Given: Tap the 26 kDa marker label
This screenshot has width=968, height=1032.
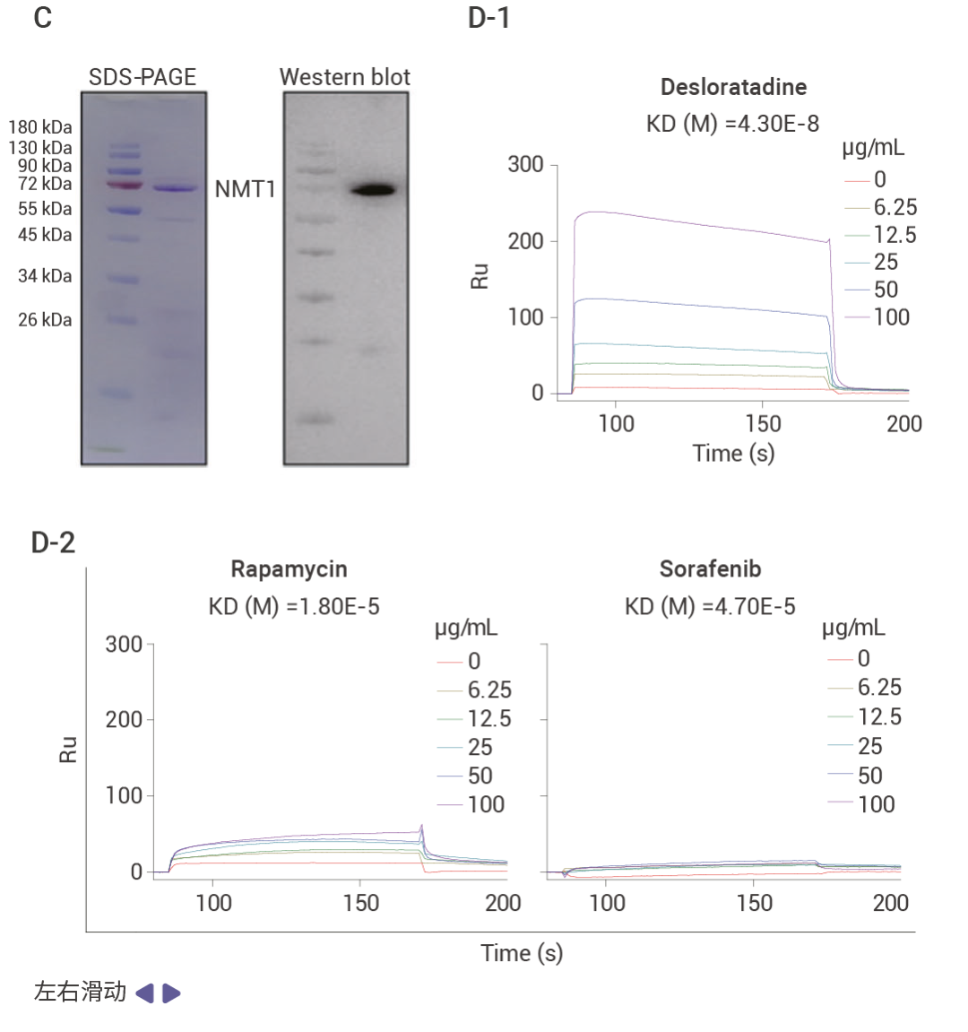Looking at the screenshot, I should (45, 319).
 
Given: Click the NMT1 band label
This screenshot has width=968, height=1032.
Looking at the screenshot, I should (245, 189).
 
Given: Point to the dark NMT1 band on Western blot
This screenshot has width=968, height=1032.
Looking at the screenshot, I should (373, 189).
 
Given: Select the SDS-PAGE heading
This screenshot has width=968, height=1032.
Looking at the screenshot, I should (142, 77).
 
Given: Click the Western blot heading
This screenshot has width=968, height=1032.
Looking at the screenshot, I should (344, 77).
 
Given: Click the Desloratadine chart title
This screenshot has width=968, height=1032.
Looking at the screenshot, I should (733, 87).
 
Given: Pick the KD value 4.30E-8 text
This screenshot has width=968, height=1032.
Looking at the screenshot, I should (733, 124).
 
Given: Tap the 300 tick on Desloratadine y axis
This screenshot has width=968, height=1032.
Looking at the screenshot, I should (525, 165).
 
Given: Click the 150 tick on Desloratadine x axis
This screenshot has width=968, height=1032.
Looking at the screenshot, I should (763, 424).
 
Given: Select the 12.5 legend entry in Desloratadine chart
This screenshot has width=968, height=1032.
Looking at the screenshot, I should (895, 235).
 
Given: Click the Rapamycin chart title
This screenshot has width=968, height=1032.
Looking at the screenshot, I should (289, 569).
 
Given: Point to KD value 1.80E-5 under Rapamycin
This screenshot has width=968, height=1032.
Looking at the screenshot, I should (294, 607).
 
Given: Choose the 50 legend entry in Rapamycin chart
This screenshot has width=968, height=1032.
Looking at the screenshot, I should (480, 776).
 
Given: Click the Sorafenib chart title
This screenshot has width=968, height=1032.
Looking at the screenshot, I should (710, 569).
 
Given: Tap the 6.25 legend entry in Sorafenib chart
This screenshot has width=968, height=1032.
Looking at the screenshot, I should (879, 688).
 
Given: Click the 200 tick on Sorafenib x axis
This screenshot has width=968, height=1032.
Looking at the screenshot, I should (890, 903).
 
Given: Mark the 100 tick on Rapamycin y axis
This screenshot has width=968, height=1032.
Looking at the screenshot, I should (124, 795).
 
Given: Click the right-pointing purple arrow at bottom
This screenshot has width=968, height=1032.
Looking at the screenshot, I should (171, 993).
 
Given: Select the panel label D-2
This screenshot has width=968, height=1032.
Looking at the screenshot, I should (54, 542).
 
